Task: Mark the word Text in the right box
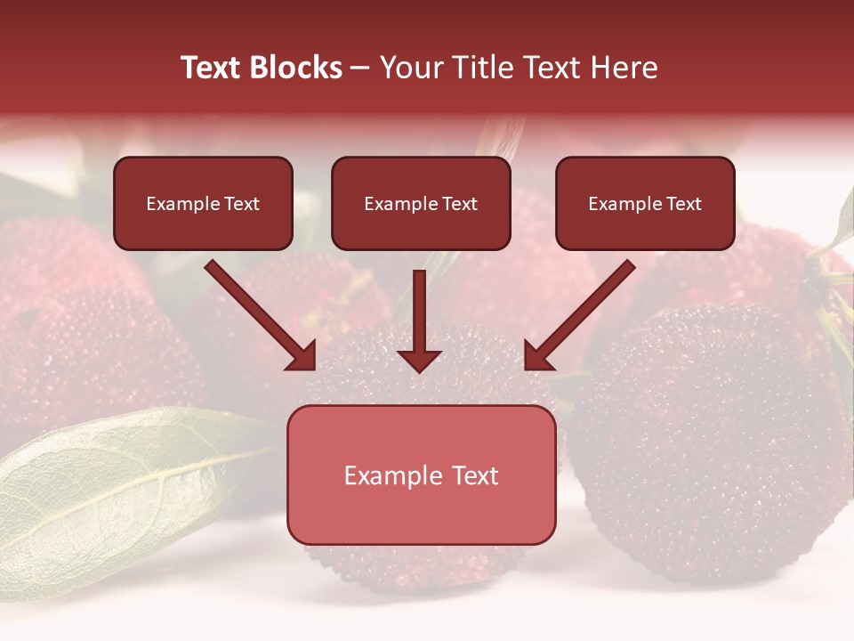683,204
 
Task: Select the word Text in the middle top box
459,204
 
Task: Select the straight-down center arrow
419,320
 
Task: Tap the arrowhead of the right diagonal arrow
537,357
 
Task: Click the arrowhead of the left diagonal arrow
302,357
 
